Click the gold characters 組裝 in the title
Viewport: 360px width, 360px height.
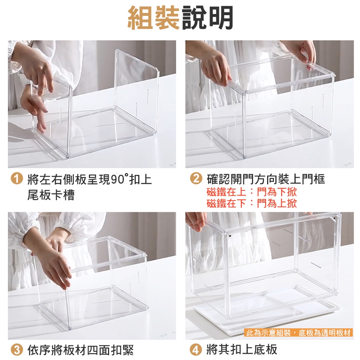coord(153,18)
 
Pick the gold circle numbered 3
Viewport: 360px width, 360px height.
coord(17,350)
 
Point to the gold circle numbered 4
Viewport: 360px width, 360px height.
coord(195,350)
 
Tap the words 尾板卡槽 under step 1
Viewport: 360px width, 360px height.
coord(51,195)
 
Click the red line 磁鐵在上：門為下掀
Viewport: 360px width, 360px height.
coord(252,192)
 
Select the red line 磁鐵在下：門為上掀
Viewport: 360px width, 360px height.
coord(252,203)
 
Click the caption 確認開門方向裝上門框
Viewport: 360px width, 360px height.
coord(265,179)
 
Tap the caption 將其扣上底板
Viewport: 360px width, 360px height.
coord(242,349)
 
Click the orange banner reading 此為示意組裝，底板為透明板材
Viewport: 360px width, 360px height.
coord(298,333)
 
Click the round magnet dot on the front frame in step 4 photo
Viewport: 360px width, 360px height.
coord(229,235)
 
